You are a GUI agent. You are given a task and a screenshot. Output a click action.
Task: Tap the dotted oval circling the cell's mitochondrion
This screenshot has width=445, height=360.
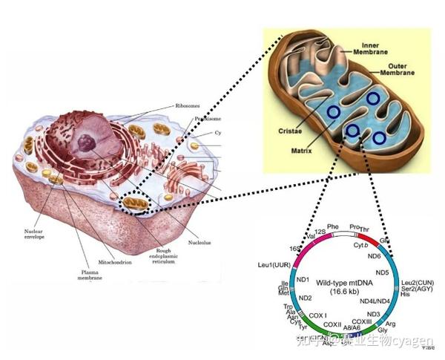pos(136,202)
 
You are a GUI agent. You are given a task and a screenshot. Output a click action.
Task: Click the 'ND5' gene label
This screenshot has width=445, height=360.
pos(382,272)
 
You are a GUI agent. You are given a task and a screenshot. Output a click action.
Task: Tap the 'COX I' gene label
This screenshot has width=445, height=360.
pos(317,315)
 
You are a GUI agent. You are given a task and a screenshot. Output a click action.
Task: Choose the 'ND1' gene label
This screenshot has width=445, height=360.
pos(303,279)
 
